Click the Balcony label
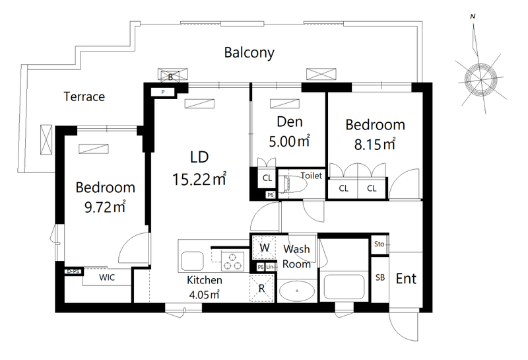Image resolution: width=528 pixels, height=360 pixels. tap(249, 53)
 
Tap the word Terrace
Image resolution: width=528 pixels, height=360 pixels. tap(84, 96)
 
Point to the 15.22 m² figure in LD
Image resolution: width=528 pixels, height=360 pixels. tap(199, 179)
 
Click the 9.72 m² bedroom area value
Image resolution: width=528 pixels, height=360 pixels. tap(105, 207)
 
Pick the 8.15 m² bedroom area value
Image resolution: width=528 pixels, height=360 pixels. tap(374, 144)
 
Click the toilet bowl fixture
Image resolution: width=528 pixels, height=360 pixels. tap(294, 184)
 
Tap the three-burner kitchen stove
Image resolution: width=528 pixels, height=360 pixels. tap(232, 261)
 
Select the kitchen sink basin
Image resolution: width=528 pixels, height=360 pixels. tap(192, 261)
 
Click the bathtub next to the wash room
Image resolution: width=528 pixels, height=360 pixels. tap(344, 286)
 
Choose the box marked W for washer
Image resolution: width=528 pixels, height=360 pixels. tap(264, 248)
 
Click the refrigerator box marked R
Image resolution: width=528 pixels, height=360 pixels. tap(262, 288)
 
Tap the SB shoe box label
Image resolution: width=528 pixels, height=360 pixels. tap(380, 277)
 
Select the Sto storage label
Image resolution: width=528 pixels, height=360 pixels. tap(379, 244)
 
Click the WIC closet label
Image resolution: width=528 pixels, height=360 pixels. tap(107, 277)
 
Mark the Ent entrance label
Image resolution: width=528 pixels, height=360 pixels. tap(406, 279)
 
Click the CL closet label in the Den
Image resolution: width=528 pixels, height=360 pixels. tap(267, 178)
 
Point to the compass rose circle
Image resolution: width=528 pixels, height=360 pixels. tap(480, 79)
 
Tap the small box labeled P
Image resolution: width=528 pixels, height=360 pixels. tap(163, 92)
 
